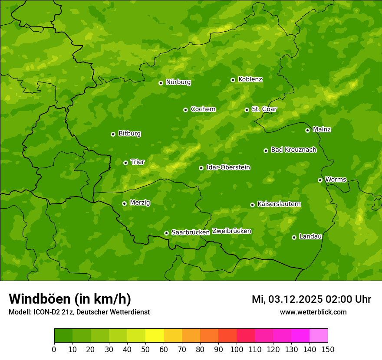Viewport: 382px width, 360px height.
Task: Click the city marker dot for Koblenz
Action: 233,80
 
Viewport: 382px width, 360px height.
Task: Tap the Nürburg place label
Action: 178,82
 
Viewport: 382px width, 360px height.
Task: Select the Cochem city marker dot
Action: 185,110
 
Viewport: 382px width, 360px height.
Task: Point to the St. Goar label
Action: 264,109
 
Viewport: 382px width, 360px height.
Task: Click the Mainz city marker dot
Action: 307,130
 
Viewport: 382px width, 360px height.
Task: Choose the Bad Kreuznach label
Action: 293,150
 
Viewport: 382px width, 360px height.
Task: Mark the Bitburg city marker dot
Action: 113,134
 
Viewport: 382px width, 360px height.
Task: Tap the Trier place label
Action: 138,162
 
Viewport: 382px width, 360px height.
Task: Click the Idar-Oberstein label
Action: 228,167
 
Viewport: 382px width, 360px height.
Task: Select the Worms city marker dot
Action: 320,180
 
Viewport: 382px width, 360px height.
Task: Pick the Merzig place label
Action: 140,203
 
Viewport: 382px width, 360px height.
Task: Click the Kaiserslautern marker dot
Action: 252,205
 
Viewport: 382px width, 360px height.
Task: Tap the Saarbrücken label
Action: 191,232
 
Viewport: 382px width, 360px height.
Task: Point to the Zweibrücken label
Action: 231,231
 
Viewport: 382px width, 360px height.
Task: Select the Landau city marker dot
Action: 294,237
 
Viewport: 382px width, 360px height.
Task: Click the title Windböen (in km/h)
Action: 70,299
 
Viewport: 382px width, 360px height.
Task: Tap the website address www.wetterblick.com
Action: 313,312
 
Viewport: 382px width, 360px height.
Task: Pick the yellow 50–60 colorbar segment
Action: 155,336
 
